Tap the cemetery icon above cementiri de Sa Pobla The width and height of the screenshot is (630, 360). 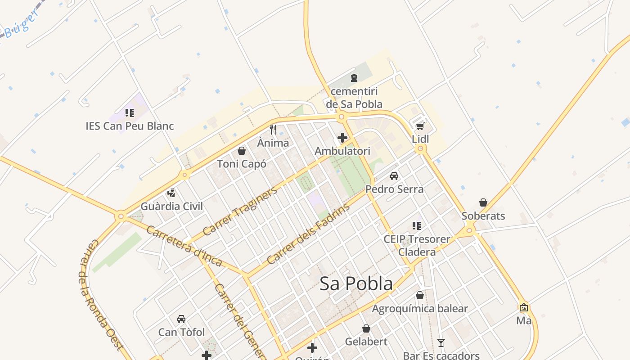[354, 78]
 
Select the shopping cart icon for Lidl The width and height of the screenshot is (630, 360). [420, 126]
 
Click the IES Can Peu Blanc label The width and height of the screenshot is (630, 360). [130, 126]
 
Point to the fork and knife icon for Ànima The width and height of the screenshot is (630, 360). [273, 130]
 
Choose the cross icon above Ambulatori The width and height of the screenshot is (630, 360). [342, 138]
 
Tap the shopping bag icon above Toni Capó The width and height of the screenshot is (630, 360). [242, 151]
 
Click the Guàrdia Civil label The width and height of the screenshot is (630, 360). [172, 207]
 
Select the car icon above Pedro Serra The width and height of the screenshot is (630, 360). [394, 176]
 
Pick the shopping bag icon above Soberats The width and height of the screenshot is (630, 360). [483, 202]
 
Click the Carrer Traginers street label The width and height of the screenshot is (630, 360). [240, 211]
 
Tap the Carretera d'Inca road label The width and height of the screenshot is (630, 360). [184, 246]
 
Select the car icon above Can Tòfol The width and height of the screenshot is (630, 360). [181, 319]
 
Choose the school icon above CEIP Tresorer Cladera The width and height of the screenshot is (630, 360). [417, 225]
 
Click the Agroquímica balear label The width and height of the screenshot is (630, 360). [420, 309]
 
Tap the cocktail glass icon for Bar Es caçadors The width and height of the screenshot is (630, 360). [441, 343]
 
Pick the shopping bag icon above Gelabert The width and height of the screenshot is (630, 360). [366, 328]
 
